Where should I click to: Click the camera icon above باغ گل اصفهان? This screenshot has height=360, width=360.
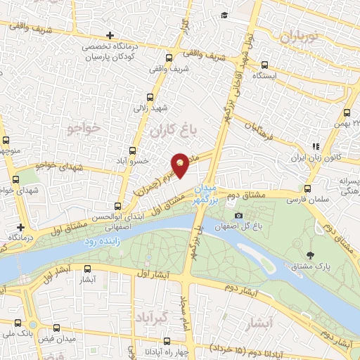(x=238, y=214)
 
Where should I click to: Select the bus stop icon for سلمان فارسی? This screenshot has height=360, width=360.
(x=307, y=188)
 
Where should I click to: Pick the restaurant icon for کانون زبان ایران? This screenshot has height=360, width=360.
(x=316, y=147)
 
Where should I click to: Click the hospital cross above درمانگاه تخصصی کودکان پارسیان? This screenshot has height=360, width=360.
(x=109, y=35)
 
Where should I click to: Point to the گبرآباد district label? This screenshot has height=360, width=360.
(x=153, y=315)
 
